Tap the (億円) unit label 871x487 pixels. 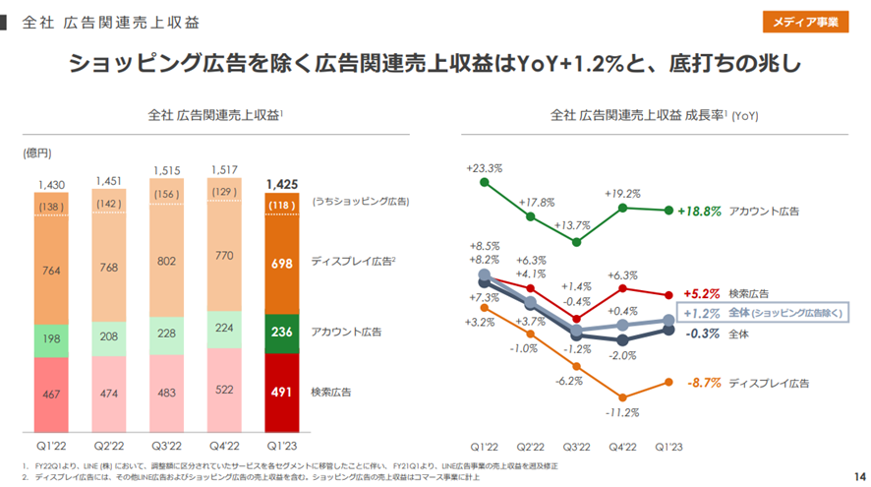click(x=37, y=153)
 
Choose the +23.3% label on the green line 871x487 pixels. click(x=485, y=169)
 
